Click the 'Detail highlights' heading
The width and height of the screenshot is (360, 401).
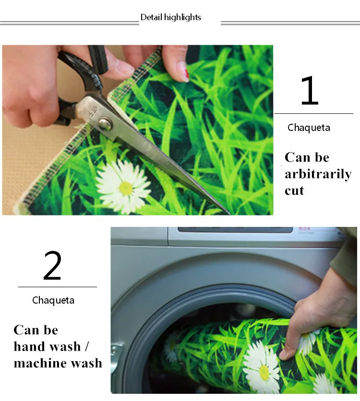click(171, 17)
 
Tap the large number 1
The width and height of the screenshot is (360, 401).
click(310, 91)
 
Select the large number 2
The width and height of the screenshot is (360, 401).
click(52, 265)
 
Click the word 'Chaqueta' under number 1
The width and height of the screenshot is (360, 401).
click(309, 128)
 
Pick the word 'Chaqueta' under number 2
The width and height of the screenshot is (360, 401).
click(53, 300)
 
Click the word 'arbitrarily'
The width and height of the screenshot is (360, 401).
click(318, 175)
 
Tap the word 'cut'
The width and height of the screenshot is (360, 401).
click(294, 191)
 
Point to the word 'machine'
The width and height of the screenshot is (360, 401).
click(40, 363)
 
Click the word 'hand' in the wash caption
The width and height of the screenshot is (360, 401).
click(28, 346)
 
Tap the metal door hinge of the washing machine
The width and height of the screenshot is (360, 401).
click(115, 352)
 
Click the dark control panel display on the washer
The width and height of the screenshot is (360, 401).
click(235, 230)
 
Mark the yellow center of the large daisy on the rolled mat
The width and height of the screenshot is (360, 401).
click(264, 372)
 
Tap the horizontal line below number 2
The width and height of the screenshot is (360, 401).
click(58, 287)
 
